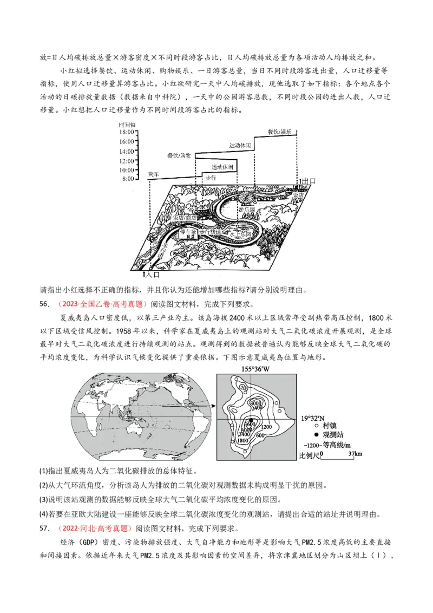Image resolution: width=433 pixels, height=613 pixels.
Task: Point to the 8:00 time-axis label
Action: click(x=128, y=179)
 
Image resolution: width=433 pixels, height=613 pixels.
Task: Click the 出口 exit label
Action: click(x=309, y=180)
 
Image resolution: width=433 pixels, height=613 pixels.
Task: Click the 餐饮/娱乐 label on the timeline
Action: click(x=280, y=132)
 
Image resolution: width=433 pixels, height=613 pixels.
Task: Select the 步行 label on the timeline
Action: click(x=211, y=177)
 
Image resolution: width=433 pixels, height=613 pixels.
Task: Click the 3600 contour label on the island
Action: click(x=250, y=423)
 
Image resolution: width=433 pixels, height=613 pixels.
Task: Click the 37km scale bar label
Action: click(x=355, y=453)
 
